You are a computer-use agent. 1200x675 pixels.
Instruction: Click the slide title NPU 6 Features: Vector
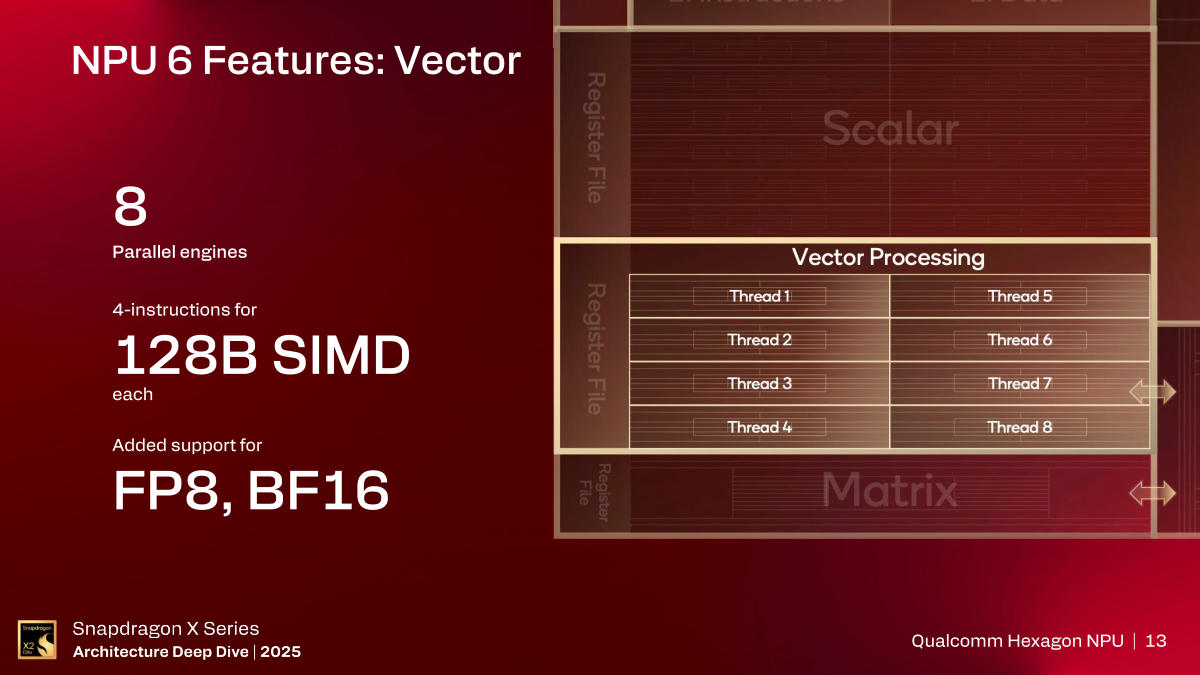pos(296,61)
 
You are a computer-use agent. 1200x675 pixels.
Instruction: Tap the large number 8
pos(130,208)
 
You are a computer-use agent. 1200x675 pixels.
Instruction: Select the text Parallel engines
pos(179,252)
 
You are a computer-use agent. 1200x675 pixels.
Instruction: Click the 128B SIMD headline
pos(262,355)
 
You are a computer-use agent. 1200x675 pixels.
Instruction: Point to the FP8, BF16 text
pos(250,491)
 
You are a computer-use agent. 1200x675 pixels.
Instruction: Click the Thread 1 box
pos(760,296)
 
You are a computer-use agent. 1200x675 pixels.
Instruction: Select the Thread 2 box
pos(760,340)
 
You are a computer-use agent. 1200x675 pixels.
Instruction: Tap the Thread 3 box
pos(760,384)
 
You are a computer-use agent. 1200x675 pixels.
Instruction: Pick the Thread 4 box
pos(760,427)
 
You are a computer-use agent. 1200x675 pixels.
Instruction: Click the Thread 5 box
pos(1019,296)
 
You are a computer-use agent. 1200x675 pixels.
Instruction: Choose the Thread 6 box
pos(1019,340)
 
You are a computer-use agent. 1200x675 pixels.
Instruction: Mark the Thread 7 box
pos(1019,384)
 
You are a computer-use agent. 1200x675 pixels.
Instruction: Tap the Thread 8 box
pos(1019,427)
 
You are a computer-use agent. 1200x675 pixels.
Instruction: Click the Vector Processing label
pos(888,258)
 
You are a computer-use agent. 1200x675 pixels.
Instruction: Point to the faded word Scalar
pos(890,130)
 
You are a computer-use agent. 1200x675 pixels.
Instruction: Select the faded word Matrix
pos(889,491)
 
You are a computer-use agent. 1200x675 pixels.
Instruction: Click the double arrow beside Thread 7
pos(1152,392)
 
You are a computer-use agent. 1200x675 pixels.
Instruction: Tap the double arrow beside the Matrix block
pos(1152,492)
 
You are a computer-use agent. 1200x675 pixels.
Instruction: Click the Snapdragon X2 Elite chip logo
pos(37,640)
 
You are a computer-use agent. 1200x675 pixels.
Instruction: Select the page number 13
pos(1155,641)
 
